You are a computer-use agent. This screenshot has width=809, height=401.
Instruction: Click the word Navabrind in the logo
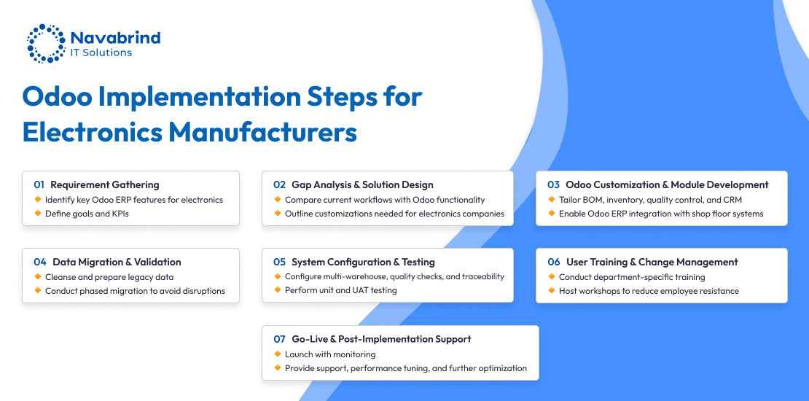coord(116,38)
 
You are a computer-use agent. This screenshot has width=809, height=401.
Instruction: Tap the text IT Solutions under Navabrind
coord(101,52)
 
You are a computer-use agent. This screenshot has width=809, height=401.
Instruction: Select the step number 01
coord(39,184)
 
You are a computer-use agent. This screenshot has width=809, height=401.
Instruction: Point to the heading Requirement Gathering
coord(105,184)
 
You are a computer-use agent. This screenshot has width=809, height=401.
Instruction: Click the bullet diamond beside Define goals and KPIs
coord(38,213)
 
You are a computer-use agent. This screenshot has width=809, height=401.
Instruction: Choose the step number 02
coord(279,184)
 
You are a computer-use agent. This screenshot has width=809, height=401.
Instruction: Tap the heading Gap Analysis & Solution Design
coord(363,184)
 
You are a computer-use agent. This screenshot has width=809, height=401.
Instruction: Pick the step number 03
coord(554,184)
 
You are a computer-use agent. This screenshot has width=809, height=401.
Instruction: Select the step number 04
coord(40,262)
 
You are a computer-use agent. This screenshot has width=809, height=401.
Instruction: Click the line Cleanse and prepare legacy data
coord(109,277)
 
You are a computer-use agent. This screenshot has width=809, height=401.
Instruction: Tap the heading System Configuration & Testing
coord(363,262)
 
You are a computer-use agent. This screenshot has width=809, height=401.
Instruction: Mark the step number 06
coord(554,262)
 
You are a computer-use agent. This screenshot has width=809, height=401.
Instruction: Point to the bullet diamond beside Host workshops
coord(552,291)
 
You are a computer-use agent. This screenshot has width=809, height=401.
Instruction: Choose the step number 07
coord(279,339)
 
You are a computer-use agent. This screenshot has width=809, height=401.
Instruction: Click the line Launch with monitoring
coord(330,354)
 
